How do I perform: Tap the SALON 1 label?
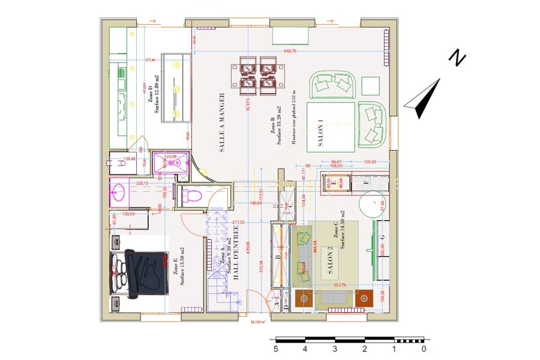[320, 133]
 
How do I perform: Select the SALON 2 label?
[329, 261]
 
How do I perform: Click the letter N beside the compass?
[458, 58]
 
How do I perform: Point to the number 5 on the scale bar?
[275, 349]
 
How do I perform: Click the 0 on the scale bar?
[424, 349]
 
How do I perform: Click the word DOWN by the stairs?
[216, 209]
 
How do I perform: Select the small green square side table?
[371, 86]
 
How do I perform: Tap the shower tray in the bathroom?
[170, 162]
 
